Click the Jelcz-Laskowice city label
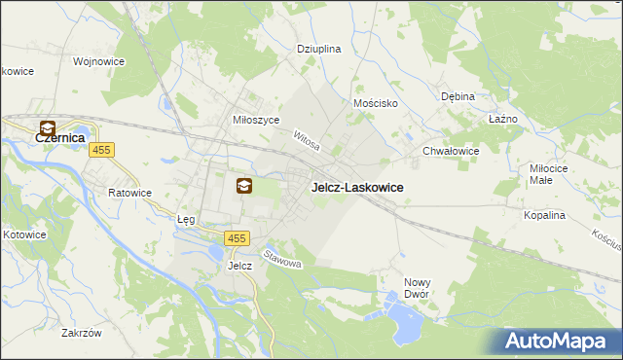click(x=357, y=188)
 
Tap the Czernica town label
click(x=61, y=139)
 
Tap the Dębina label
click(x=457, y=96)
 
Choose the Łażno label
click(x=502, y=119)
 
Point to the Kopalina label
click(x=545, y=215)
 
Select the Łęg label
click(x=186, y=220)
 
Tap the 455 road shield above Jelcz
click(x=237, y=238)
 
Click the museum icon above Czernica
click(x=47, y=127)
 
